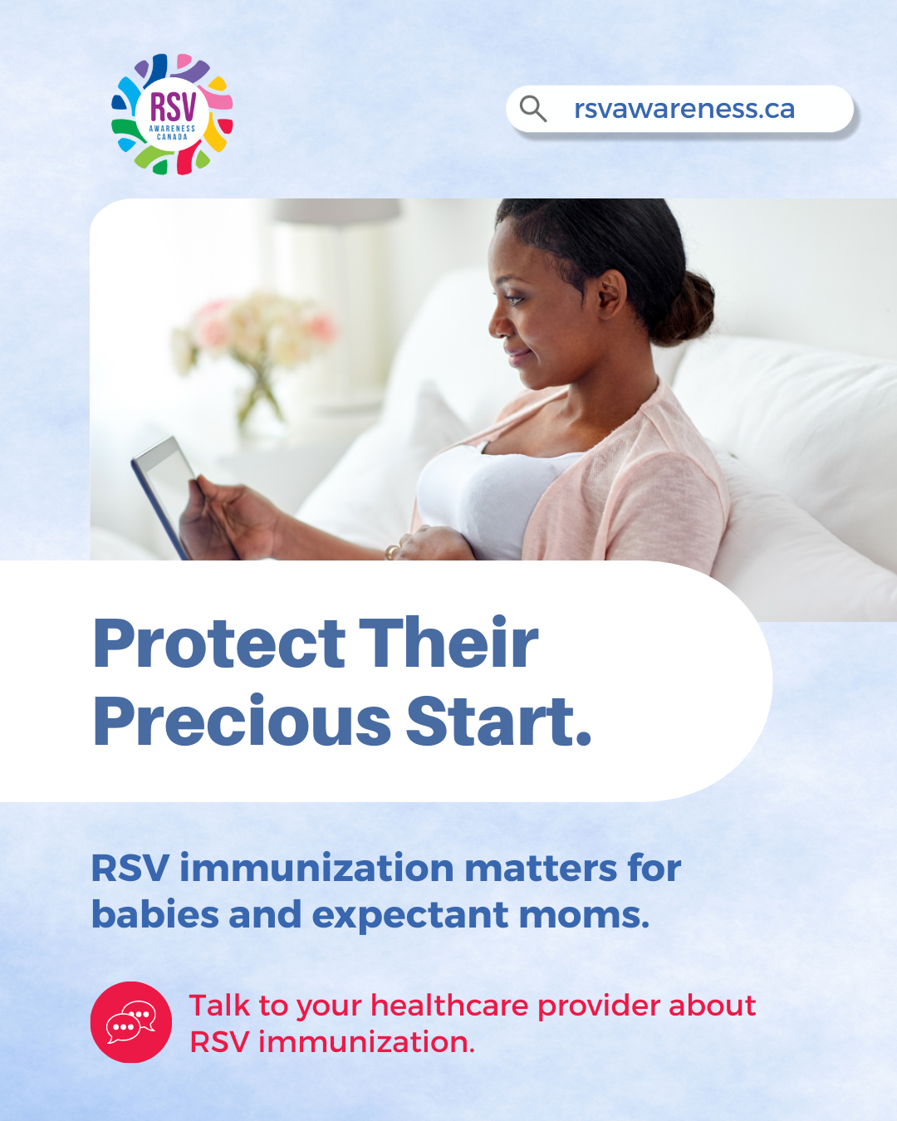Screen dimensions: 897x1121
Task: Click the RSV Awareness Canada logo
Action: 172,114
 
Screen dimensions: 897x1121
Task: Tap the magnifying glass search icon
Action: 532,109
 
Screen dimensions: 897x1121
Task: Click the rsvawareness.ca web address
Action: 684,109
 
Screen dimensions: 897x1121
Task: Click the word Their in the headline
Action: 448,641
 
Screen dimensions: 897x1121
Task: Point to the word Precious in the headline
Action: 242,722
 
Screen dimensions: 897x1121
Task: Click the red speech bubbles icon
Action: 131,1022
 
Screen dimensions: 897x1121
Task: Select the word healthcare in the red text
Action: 449,1006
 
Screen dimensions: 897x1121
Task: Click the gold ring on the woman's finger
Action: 392,551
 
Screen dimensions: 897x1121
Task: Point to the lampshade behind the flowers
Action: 337,211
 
